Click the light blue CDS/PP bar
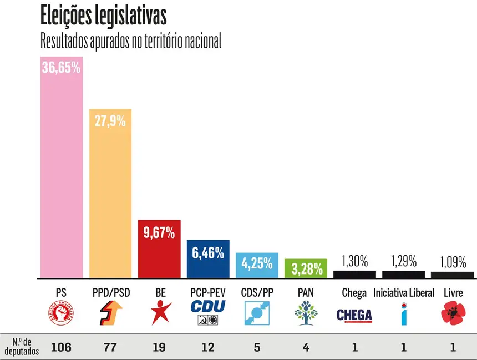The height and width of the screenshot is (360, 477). pyautogui.click(x=257, y=265)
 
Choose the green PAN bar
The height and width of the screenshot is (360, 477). pyautogui.click(x=306, y=268)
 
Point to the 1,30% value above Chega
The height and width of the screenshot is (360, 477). pyautogui.click(x=354, y=261)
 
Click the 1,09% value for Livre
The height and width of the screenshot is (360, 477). pyautogui.click(x=453, y=262)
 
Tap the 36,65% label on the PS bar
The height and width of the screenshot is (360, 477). pyautogui.click(x=61, y=68)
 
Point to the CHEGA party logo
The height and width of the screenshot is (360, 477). pyautogui.click(x=354, y=315)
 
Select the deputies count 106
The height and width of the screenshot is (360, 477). pyautogui.click(x=61, y=348)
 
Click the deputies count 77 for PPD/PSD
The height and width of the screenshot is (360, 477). pyautogui.click(x=110, y=348)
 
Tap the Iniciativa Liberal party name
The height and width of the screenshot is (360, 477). pyautogui.click(x=404, y=292)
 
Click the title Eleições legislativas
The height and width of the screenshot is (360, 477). pyautogui.click(x=103, y=17)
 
